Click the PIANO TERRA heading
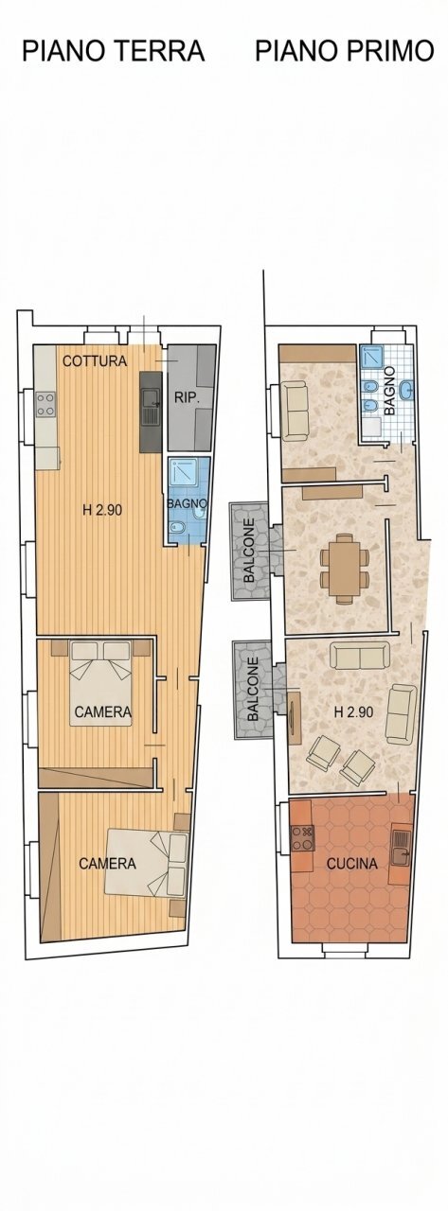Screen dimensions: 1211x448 click(113, 51)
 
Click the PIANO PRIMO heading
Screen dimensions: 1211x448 click(344, 51)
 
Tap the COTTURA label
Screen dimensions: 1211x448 click(95, 360)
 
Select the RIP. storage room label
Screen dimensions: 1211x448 click(186, 398)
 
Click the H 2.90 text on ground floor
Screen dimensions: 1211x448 click(102, 509)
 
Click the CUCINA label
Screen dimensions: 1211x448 click(352, 863)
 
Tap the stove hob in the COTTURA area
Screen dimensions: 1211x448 click(46, 404)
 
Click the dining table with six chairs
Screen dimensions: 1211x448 click(342, 565)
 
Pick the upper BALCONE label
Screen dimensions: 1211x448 click(249, 550)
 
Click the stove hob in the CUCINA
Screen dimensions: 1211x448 click(302, 837)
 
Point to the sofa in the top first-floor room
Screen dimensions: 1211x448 click(295, 410)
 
